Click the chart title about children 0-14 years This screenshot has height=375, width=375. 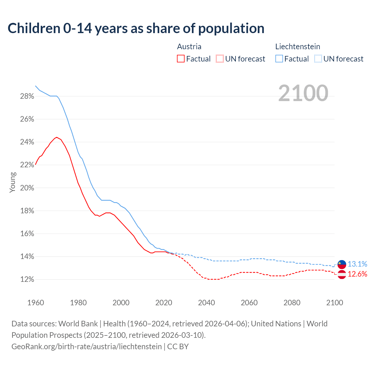[136, 28]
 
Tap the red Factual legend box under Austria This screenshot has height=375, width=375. [181, 59]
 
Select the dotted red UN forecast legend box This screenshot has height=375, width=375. [220, 59]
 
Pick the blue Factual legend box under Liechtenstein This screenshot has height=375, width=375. [279, 59]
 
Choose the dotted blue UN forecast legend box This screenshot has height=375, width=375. [318, 59]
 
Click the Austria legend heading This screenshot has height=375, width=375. [189, 47]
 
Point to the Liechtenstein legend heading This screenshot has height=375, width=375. [298, 47]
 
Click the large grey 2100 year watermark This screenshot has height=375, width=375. [303, 93]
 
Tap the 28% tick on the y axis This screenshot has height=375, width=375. [27, 96]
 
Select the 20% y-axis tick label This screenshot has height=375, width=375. [27, 188]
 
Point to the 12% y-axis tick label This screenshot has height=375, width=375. [27, 279]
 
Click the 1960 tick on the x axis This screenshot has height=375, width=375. [36, 303]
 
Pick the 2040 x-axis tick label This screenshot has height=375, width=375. [207, 303]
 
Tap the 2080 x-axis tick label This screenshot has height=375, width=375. [292, 303]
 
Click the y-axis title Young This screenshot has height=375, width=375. [13, 182]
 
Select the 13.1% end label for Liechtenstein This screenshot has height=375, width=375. [357, 264]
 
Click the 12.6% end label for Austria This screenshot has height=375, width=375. [357, 274]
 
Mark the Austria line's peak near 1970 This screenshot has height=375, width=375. [57, 137]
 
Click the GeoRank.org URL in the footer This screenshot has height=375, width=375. [87, 347]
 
